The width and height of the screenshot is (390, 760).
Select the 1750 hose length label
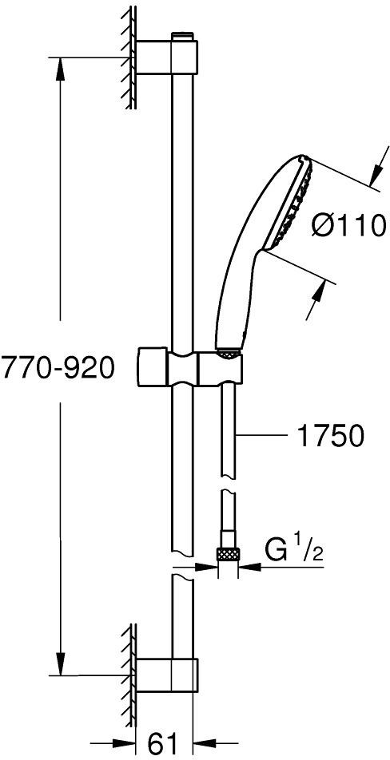[330, 437]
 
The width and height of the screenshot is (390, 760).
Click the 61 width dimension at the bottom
[162, 742]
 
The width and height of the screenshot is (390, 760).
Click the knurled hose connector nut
[228, 553]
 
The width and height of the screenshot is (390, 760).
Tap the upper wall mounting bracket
[166, 57]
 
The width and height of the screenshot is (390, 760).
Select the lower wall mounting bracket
[166, 675]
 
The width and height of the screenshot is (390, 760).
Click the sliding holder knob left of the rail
[153, 366]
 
